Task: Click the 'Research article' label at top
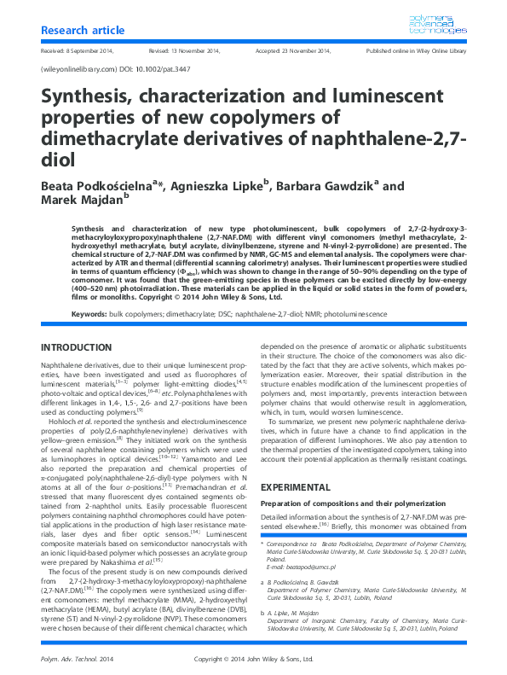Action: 81,31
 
